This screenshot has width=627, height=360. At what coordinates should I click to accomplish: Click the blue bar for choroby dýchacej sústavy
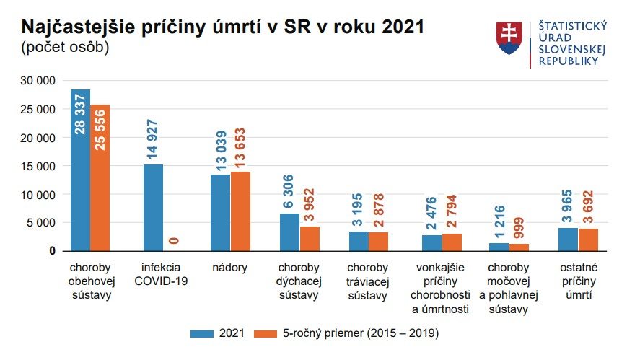(289, 232)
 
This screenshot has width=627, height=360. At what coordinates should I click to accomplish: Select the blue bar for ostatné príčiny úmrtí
(568, 239)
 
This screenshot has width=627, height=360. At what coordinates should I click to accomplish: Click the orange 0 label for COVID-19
(173, 241)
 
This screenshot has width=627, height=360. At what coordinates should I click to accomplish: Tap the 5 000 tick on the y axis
(42, 223)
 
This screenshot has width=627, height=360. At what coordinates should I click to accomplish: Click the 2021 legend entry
(217, 333)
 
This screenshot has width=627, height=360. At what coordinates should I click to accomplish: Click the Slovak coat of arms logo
(509, 38)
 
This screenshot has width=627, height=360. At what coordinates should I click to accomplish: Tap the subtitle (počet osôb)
(65, 48)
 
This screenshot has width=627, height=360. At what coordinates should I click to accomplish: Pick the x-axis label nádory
(231, 268)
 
